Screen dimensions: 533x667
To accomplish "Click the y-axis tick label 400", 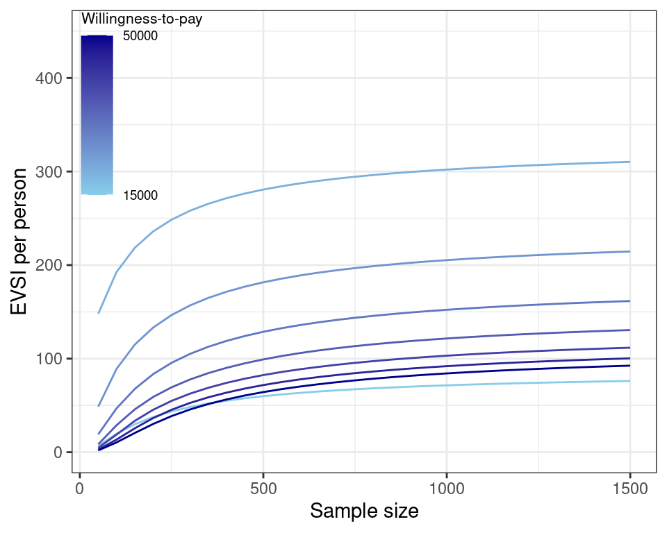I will [51, 78].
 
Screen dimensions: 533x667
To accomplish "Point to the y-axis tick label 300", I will [51, 172].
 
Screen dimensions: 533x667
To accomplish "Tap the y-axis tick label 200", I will [51, 265].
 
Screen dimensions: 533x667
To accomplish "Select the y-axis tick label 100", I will [51, 359].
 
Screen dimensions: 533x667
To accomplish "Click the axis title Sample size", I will [364, 511].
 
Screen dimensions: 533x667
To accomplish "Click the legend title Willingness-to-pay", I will [142, 20].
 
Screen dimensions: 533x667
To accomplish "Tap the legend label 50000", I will [140, 37].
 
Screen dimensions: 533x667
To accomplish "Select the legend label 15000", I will [140, 196].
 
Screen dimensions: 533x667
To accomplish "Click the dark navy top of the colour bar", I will [97, 39].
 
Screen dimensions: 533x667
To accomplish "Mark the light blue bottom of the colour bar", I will [97, 191].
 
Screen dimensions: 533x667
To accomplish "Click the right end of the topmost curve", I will [629, 162].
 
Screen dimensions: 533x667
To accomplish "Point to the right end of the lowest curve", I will [629, 381].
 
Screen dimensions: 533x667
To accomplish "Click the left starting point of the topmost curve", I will [99, 313].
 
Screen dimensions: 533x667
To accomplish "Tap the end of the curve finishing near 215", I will [629, 251].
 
